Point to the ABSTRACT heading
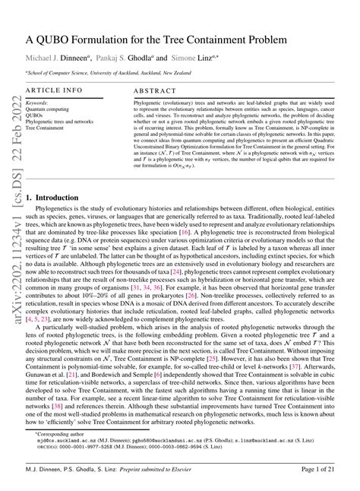click(154, 89)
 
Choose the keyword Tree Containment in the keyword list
click(44, 127)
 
